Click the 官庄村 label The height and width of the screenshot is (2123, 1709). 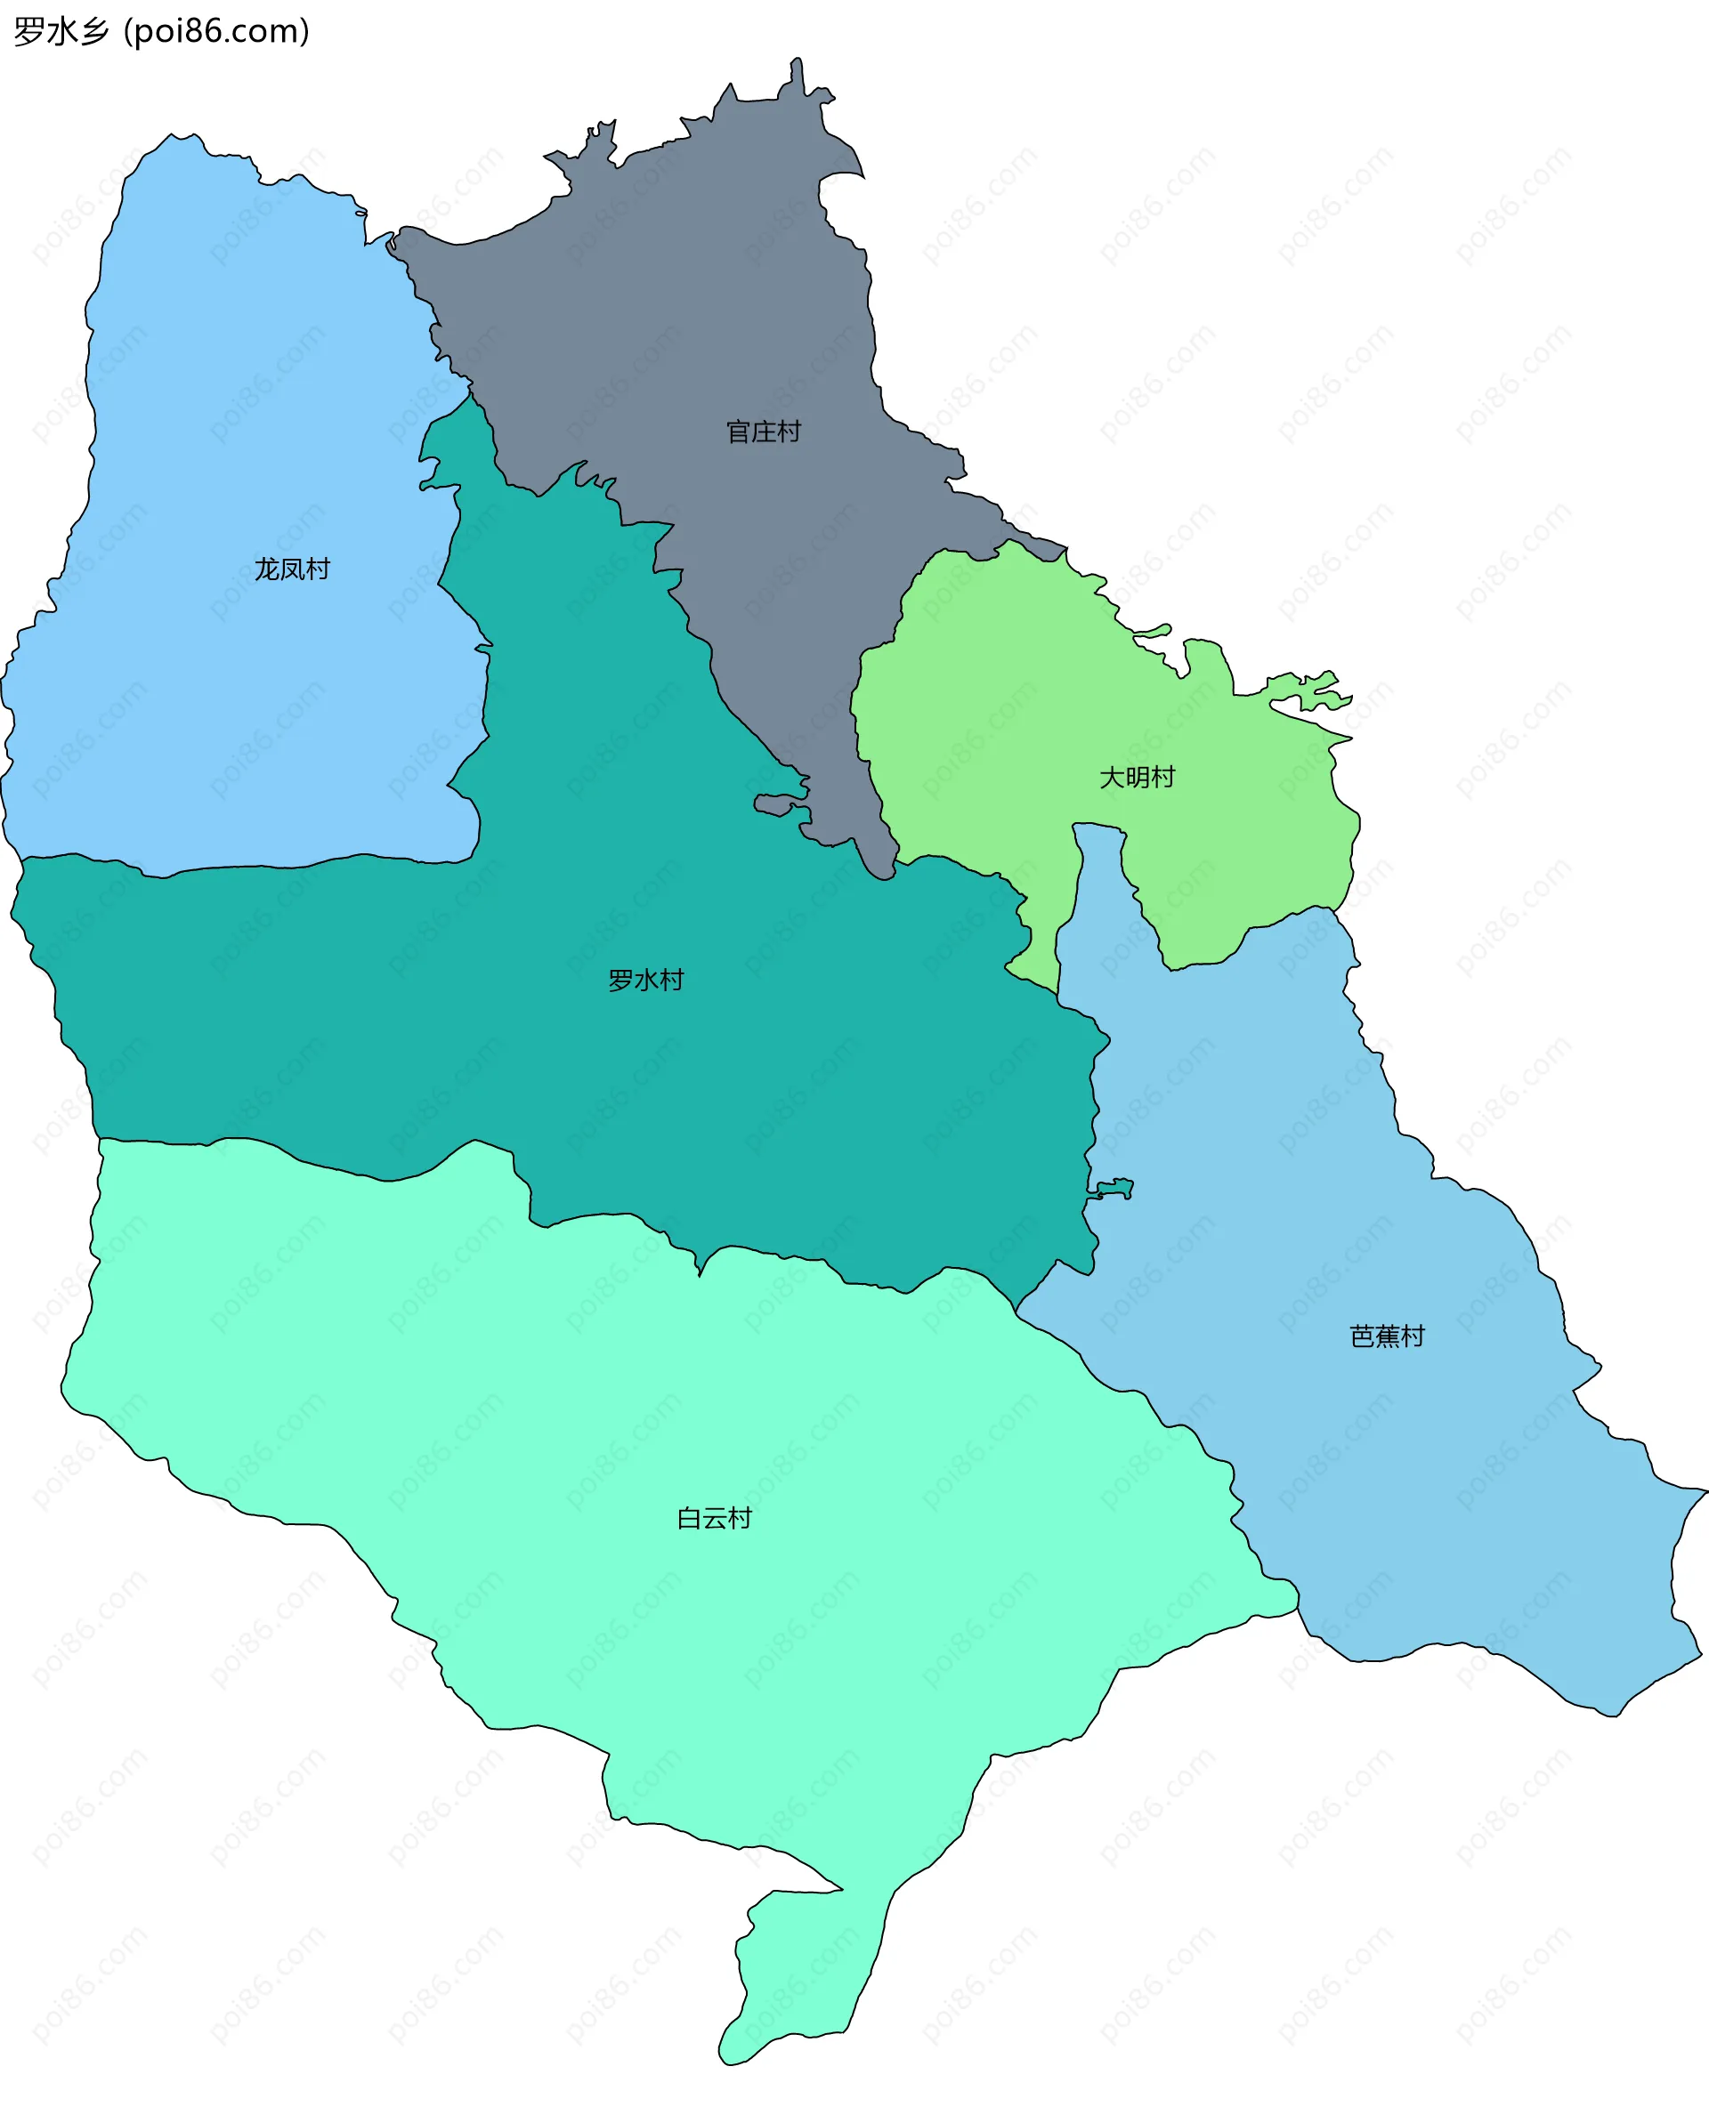[764, 432]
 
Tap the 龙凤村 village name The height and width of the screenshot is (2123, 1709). [292, 569]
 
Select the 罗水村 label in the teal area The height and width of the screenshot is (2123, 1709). [645, 980]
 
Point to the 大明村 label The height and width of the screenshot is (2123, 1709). [1137, 777]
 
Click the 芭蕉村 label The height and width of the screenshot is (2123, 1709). [1387, 1336]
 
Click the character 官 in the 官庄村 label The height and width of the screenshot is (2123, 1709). [739, 432]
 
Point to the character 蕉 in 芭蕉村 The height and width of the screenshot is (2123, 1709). [1387, 1336]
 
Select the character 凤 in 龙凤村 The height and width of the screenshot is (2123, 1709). [292, 569]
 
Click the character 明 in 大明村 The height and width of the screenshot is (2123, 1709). [1137, 777]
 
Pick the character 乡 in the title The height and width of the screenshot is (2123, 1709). [93, 31]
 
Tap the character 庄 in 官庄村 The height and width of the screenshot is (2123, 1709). [764, 432]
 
